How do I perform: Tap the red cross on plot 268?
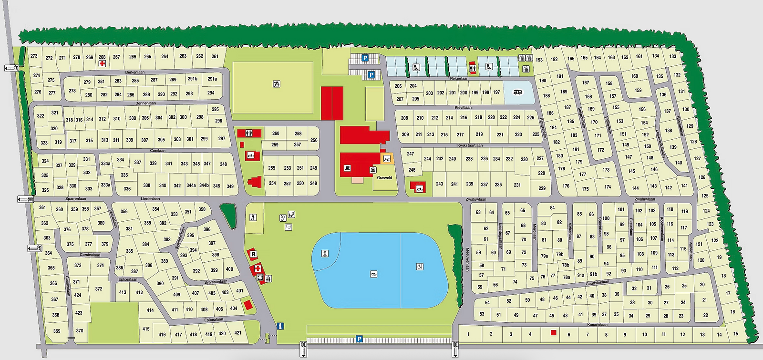(x=102, y=63)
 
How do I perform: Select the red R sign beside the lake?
(x=253, y=255)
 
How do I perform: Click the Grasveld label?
(x=384, y=178)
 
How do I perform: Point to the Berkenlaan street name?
(x=135, y=72)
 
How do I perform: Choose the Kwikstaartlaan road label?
(x=470, y=145)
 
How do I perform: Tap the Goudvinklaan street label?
(x=597, y=282)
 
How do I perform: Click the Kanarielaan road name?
(x=597, y=325)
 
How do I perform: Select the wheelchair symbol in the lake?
(x=420, y=267)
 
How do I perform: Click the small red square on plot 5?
(x=554, y=333)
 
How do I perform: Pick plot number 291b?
(x=192, y=79)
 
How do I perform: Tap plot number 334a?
(x=105, y=164)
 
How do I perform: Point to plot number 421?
(x=238, y=333)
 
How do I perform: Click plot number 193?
(x=539, y=60)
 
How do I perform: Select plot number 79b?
(x=559, y=254)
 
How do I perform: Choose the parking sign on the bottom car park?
(x=359, y=339)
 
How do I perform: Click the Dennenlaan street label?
(x=145, y=103)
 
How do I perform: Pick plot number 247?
(x=411, y=154)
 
